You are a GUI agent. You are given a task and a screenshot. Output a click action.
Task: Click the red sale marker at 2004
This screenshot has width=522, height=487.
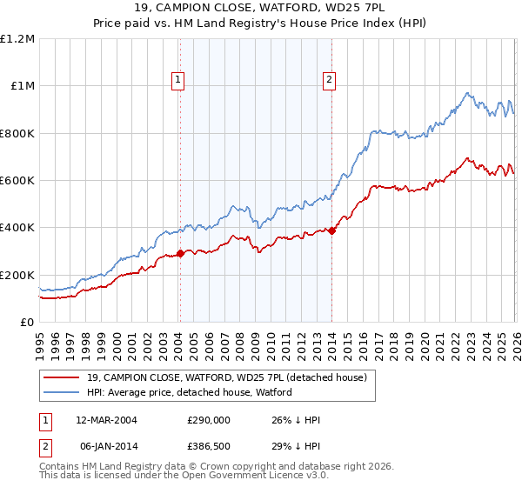coord(180,254)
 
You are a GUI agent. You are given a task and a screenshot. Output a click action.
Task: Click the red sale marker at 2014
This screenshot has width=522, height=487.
coord(331,230)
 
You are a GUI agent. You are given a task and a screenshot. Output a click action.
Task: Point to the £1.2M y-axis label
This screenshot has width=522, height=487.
coord(17,39)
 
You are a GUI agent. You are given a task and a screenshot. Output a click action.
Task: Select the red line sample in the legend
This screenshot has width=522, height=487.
coord(63,377)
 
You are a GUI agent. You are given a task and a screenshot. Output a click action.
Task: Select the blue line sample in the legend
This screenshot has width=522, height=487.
coord(63,392)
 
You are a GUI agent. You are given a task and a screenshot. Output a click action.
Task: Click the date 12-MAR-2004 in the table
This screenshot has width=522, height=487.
coord(107,420)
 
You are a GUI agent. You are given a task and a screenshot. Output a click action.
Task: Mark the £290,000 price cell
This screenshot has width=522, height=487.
coord(209,420)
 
